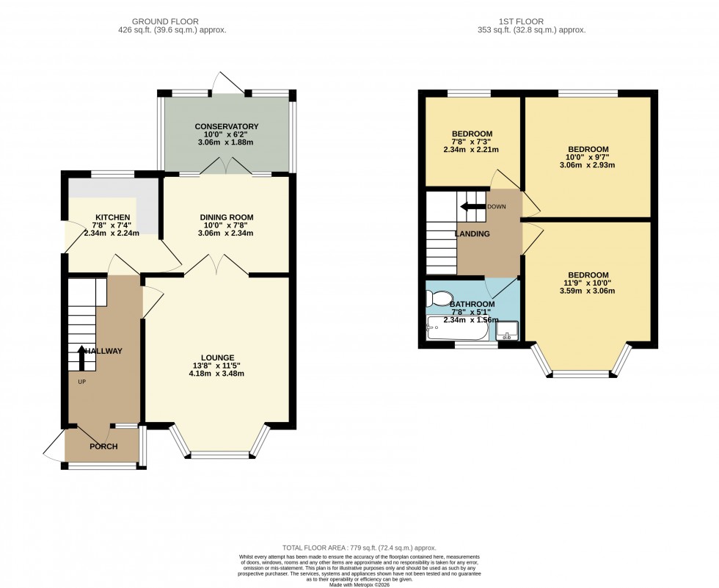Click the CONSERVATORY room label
click(x=227, y=126)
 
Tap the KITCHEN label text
click(x=112, y=217)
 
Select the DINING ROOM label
click(x=227, y=217)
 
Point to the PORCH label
click(x=103, y=446)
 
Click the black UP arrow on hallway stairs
click(x=81, y=358)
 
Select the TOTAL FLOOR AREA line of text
click(x=359, y=548)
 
